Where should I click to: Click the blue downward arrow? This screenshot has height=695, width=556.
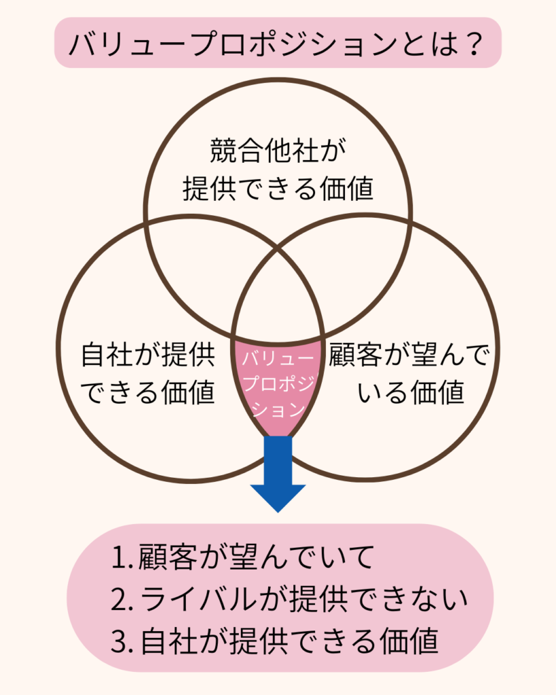(x=278, y=472)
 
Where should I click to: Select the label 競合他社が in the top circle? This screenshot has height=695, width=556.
(x=278, y=150)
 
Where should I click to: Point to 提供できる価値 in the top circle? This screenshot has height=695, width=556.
(x=278, y=189)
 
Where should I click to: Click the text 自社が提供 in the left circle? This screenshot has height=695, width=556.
(x=147, y=354)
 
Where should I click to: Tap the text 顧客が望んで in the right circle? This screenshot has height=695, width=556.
(x=409, y=354)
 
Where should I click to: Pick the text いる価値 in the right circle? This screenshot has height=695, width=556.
(x=411, y=392)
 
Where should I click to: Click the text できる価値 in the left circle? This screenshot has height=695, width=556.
(x=147, y=392)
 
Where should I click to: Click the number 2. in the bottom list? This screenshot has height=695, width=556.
(x=122, y=599)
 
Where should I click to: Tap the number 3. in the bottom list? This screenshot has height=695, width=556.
(x=122, y=641)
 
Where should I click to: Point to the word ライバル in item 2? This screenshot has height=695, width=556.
(x=198, y=599)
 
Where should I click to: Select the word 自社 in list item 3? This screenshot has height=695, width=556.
(x=168, y=641)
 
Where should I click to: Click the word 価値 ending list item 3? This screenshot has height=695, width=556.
(x=409, y=641)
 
